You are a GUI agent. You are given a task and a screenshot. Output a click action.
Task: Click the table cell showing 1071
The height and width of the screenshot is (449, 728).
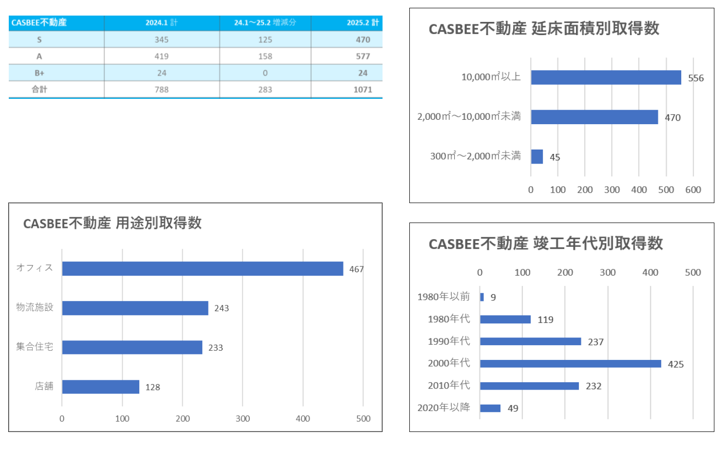[363, 90]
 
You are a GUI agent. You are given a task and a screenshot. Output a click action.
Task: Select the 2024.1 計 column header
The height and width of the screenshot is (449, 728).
[161, 23]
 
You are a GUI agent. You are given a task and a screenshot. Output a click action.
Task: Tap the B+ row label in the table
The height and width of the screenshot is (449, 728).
[39, 73]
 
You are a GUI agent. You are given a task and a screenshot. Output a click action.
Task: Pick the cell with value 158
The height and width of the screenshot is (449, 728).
[265, 56]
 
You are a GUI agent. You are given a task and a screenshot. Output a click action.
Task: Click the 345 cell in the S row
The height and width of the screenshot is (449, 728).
[161, 40]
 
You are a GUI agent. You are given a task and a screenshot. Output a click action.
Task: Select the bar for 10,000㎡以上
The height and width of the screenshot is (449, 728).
[606, 77]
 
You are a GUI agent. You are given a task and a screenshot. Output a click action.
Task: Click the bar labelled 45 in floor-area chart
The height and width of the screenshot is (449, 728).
[537, 157]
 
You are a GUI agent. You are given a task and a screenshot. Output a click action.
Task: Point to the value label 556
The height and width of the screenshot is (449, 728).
[696, 78]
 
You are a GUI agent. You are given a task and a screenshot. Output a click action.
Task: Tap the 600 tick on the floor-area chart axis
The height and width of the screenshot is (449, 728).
[693, 190]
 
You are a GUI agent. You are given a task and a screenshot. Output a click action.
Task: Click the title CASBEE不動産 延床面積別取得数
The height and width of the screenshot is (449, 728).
[544, 29]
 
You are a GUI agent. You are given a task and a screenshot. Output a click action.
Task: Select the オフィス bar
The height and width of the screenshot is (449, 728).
[202, 269]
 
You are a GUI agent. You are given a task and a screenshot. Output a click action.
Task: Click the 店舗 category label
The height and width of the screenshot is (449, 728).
[44, 386]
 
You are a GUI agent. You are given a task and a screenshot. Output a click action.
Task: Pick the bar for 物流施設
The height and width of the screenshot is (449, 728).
[135, 308]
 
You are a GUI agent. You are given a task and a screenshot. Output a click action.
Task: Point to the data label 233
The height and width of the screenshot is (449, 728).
[215, 348]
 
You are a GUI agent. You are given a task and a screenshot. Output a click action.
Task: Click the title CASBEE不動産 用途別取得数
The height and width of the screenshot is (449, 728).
[113, 223]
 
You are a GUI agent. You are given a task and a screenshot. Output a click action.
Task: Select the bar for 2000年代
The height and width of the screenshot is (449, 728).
[570, 364]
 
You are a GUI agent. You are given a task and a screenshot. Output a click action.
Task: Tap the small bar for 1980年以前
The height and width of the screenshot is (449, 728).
[482, 297]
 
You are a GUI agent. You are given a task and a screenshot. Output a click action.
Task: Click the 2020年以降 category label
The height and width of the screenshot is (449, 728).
[443, 408]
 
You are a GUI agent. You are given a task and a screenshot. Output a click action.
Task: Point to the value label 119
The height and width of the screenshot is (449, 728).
[545, 320]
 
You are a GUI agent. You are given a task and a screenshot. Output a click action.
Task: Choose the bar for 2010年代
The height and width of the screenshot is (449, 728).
[529, 386]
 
